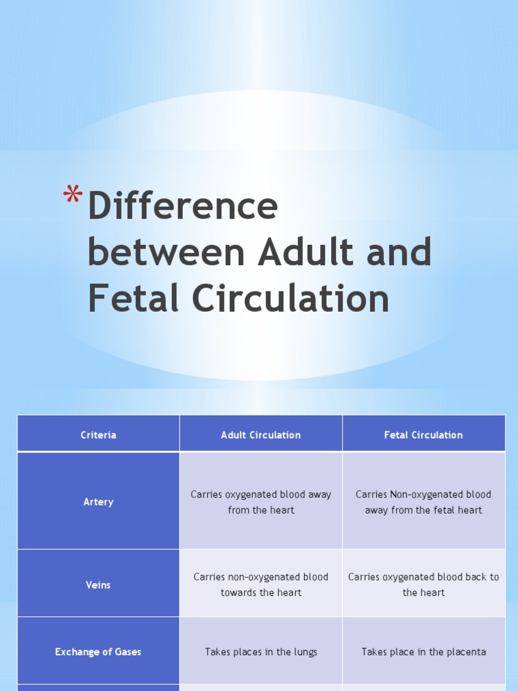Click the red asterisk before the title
(x=72, y=196)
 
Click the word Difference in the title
(x=182, y=206)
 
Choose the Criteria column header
(x=98, y=435)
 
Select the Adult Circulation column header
(x=261, y=435)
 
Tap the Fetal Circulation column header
(x=424, y=435)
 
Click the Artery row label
(x=98, y=501)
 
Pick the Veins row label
(x=98, y=584)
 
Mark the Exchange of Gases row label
(x=98, y=652)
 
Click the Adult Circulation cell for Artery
(x=261, y=502)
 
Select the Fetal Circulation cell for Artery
(x=424, y=502)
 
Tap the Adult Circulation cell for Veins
(x=261, y=584)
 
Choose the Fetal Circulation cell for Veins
(x=424, y=584)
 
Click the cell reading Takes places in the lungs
(x=261, y=652)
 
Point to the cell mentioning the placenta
(x=424, y=652)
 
